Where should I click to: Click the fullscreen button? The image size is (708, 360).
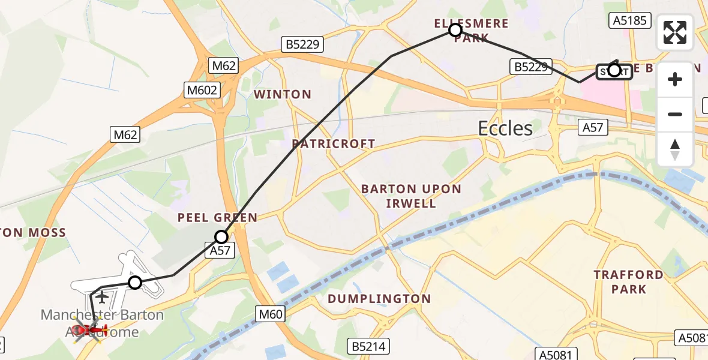point(675,32)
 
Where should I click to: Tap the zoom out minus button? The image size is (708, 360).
point(675,114)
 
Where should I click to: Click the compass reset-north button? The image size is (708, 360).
point(675,149)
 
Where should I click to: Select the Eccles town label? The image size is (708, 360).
point(505,128)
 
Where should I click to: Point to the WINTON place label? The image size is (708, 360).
point(283,94)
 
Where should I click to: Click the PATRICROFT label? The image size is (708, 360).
point(334,144)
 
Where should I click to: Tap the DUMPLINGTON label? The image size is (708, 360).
point(379,299)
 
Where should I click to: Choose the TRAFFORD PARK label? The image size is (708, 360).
point(628,282)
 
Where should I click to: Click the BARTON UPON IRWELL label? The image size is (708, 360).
point(411,196)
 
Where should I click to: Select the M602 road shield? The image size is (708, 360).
point(202,90)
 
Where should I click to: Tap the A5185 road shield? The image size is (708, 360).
point(629,21)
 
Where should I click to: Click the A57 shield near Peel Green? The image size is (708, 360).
point(220,251)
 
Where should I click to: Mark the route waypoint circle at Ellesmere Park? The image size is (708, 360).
point(455,30)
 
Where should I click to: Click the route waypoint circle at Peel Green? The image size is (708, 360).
point(221,237)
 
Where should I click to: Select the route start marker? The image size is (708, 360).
point(614,71)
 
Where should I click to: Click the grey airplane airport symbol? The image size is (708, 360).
point(102,297)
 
